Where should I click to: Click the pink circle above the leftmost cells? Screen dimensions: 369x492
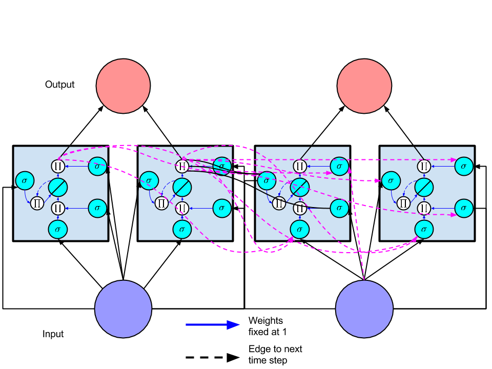(x=123, y=86)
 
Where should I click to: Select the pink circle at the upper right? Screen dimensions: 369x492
(x=364, y=86)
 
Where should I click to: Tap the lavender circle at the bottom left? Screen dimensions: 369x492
(x=123, y=309)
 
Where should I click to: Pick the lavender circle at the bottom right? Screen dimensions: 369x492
(x=364, y=309)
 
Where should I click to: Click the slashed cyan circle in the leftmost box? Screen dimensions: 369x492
(x=58, y=187)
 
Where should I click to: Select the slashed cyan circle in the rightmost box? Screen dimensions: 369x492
(x=424, y=187)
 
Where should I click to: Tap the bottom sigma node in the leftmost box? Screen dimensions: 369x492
(x=58, y=229)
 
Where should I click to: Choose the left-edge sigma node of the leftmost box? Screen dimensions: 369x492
(x=25, y=180)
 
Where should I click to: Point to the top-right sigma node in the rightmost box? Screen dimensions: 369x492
(x=464, y=166)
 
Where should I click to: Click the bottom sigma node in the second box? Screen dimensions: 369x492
(x=182, y=229)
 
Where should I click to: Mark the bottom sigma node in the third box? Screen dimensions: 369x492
(x=300, y=229)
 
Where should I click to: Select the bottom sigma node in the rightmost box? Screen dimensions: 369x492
(x=424, y=229)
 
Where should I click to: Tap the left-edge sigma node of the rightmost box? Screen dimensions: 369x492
(x=391, y=180)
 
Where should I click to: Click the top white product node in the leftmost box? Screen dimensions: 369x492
(x=58, y=166)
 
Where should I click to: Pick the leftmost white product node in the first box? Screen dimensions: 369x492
(x=37, y=203)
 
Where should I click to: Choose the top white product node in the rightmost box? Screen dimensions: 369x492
(x=424, y=166)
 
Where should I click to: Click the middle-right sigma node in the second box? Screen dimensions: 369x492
(x=222, y=208)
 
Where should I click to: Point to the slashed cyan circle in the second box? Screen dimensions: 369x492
(x=182, y=187)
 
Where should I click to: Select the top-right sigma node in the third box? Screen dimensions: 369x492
(x=339, y=166)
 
